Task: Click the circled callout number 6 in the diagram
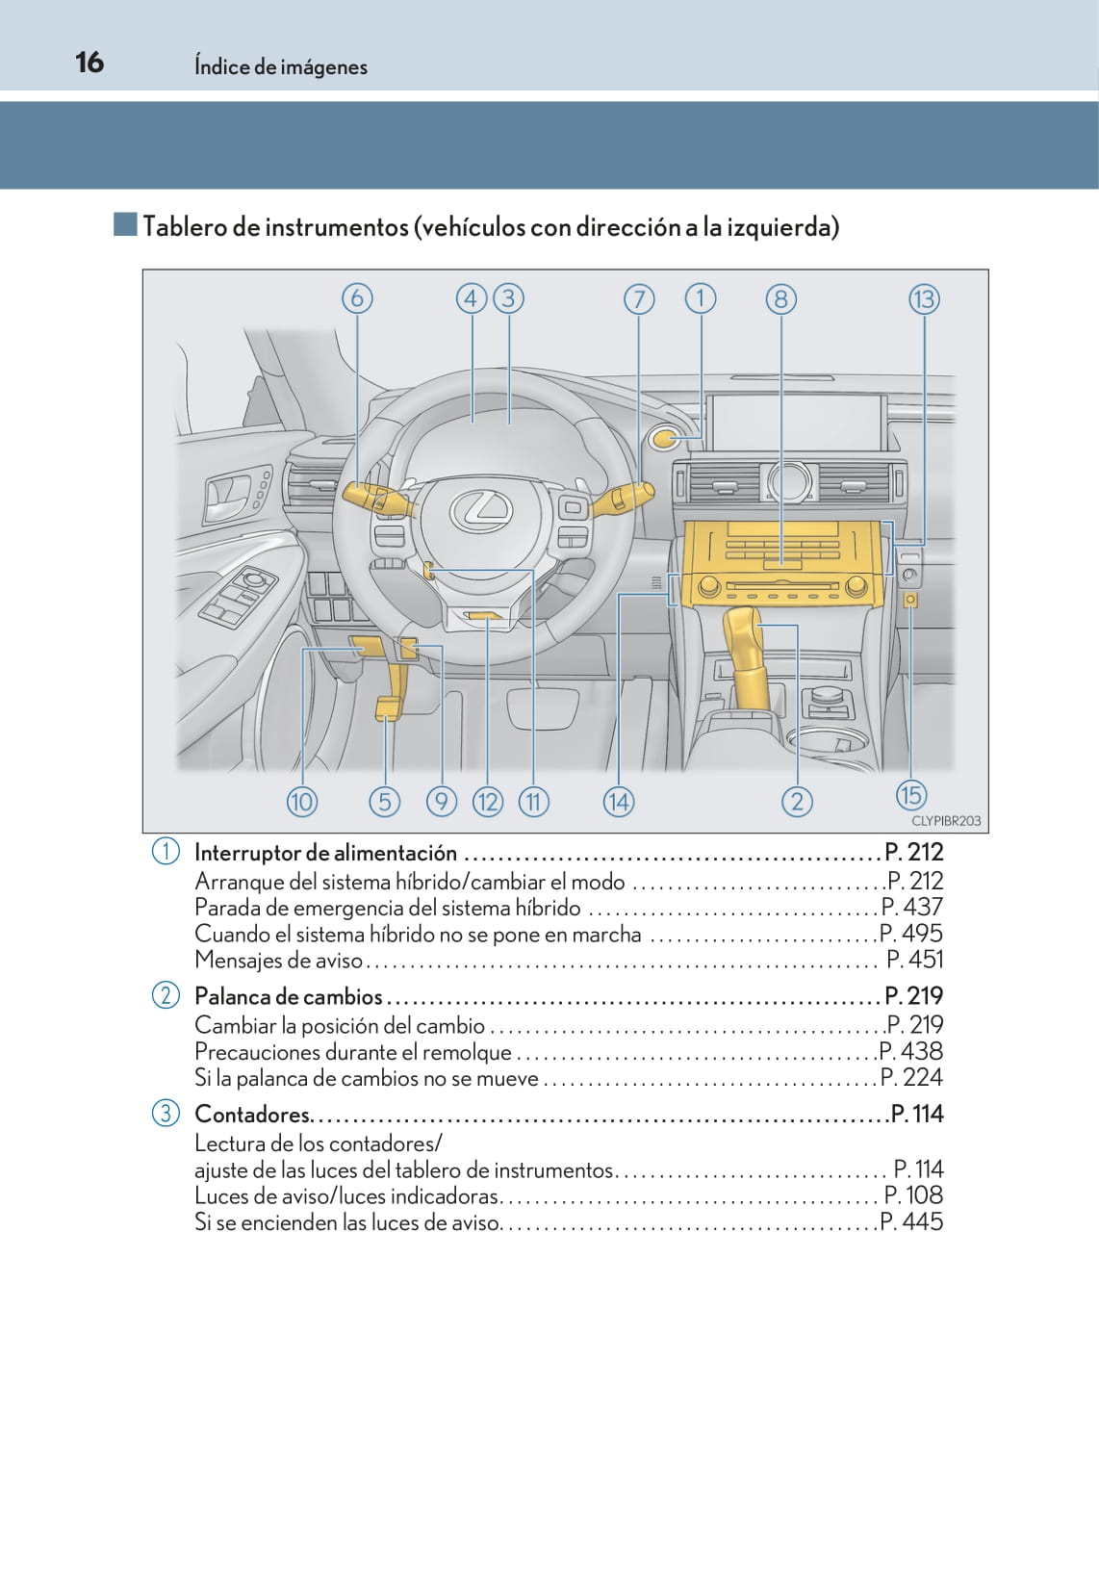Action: pos(357,298)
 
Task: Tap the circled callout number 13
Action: pos(924,299)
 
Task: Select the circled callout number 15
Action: pos(911,795)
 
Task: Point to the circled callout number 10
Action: pos(302,803)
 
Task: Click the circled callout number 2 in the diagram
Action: pos(797,803)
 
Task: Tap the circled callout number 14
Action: pos(619,803)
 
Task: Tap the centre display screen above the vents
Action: pos(797,422)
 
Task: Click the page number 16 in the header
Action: pos(89,63)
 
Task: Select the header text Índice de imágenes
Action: pos(281,66)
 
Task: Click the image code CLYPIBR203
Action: pos(946,821)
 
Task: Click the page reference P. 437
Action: pos(912,907)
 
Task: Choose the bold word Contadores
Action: pos(252,1115)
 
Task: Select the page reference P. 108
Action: pos(913,1195)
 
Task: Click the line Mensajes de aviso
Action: pos(278,961)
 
